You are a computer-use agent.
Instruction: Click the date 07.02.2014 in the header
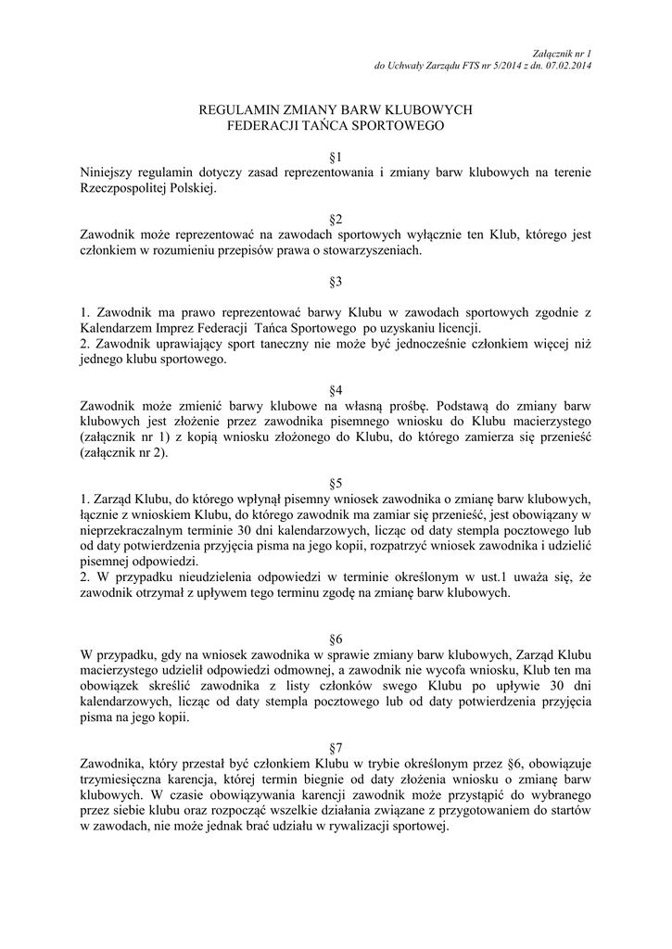pyautogui.click(x=569, y=67)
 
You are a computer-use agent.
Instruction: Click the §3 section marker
pyautogui.click(x=336, y=281)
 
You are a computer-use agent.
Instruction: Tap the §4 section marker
pyautogui.click(x=336, y=390)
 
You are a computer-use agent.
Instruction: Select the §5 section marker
pyautogui.click(x=336, y=483)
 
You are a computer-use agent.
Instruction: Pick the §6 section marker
pyautogui.click(x=336, y=639)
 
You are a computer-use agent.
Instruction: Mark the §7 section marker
pyautogui.click(x=336, y=747)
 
